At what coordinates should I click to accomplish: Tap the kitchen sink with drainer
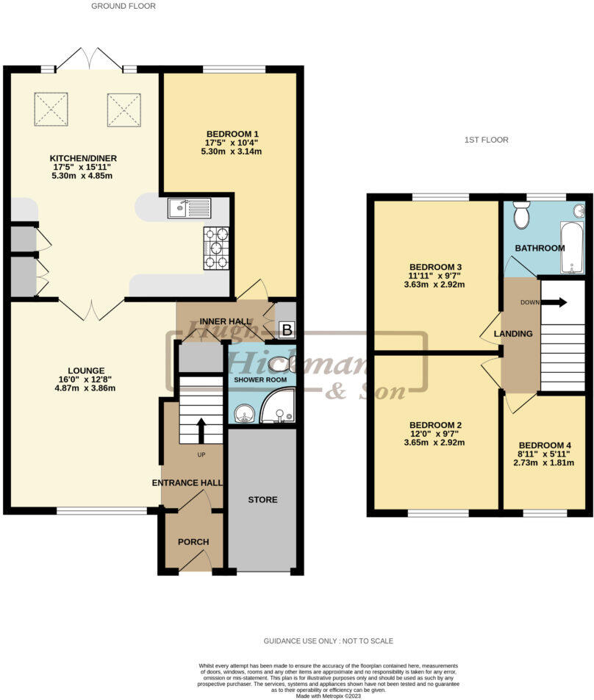188,209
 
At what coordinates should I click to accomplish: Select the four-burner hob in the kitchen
215,248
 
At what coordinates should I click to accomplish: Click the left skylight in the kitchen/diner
51,109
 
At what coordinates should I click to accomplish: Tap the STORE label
262,500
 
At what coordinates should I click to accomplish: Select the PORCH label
193,542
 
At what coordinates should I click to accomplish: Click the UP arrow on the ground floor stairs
201,430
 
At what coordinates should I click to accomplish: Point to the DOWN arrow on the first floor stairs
557,301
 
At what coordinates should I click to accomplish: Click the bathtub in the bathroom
571,248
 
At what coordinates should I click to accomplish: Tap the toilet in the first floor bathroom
522,216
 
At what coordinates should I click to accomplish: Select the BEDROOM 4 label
545,446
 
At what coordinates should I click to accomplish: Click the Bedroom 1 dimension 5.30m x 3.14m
232,151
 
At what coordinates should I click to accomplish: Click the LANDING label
513,334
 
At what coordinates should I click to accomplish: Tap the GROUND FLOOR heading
123,6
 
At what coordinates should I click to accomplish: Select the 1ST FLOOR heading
486,140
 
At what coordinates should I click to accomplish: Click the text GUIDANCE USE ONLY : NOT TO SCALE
329,641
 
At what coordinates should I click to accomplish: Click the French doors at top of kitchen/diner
90,59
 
